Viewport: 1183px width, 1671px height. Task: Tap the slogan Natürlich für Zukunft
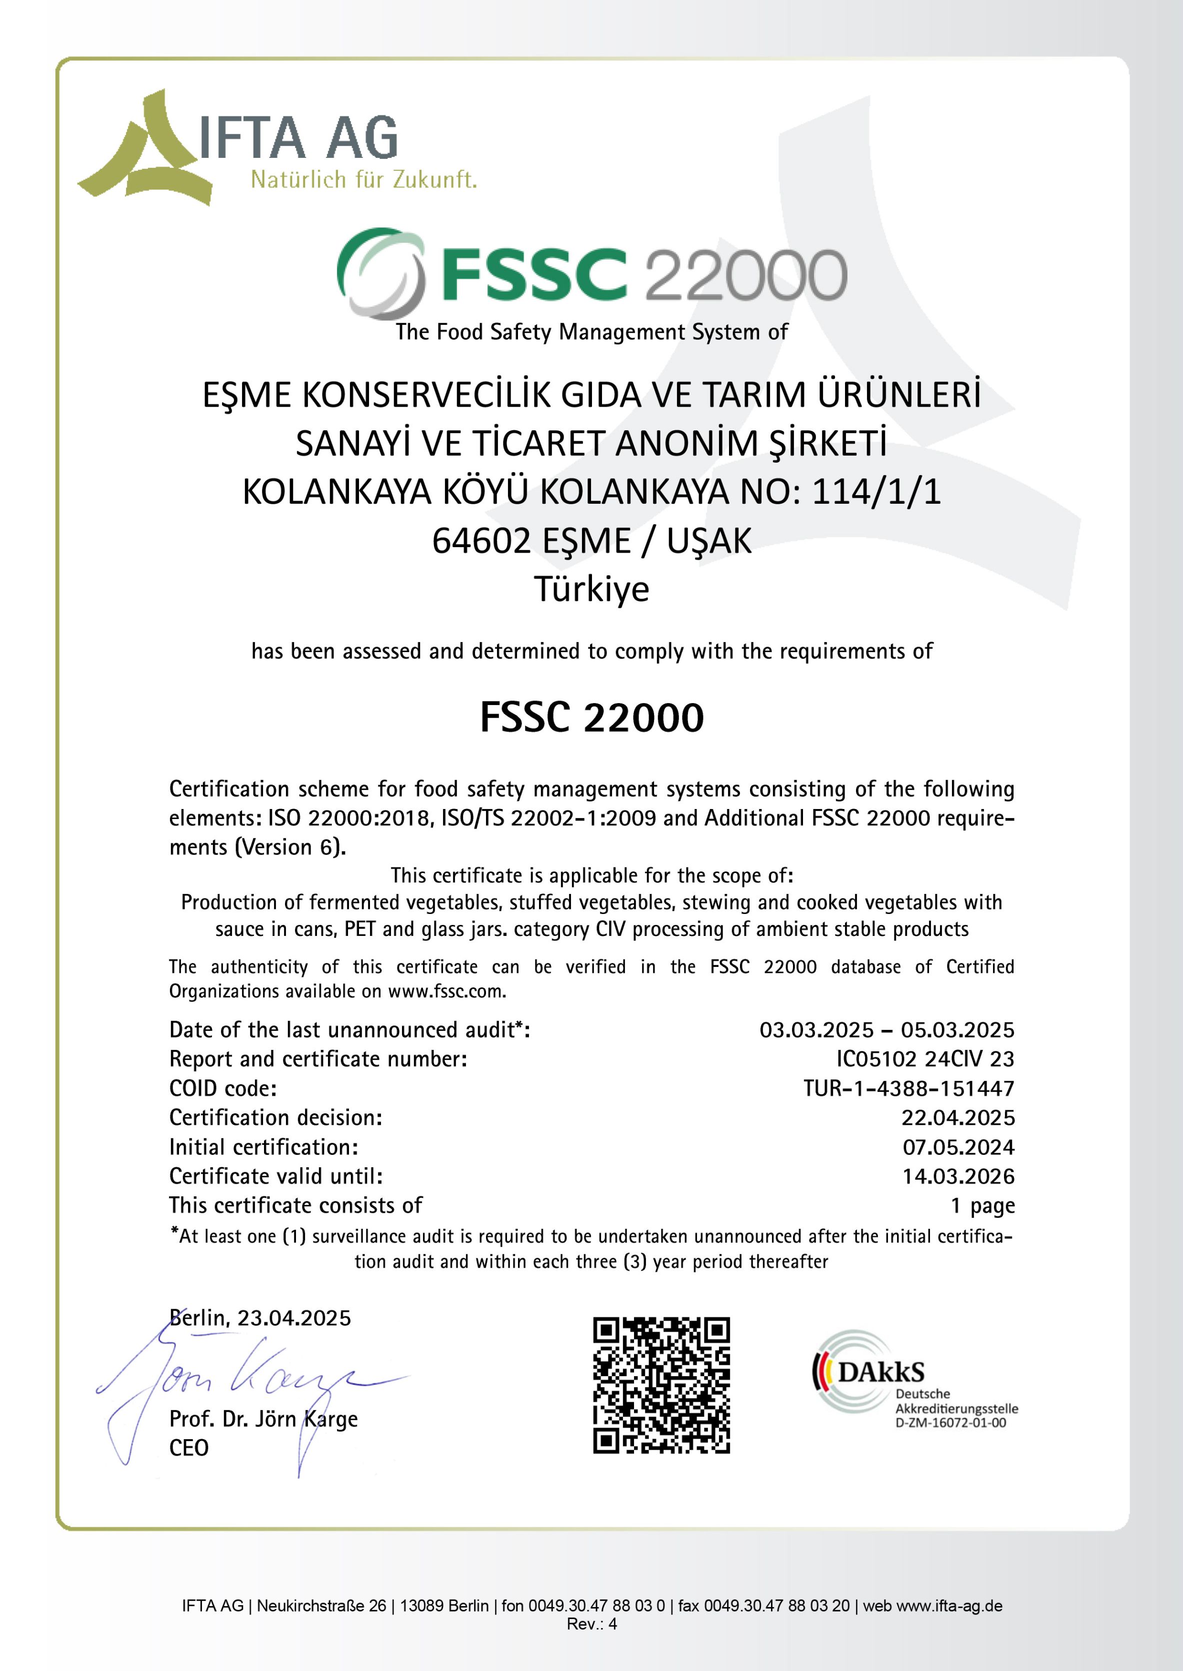click(x=363, y=179)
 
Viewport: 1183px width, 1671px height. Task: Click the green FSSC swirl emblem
click(x=380, y=272)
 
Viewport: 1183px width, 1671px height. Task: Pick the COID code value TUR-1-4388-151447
click(x=908, y=1088)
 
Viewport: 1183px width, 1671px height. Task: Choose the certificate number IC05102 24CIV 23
click(x=925, y=1059)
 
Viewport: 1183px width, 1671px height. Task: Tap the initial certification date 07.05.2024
click(x=958, y=1147)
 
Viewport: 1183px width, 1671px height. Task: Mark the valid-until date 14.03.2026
click(x=958, y=1176)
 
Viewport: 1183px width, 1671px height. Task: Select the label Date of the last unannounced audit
click(x=349, y=1029)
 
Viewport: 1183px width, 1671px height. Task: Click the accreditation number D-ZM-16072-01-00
click(x=950, y=1423)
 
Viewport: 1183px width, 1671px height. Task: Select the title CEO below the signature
click(x=188, y=1448)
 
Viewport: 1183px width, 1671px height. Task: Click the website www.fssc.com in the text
click(x=446, y=991)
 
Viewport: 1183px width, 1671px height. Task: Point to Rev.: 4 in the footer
click(x=591, y=1624)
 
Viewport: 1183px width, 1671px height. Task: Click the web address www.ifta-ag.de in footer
click(x=948, y=1606)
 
